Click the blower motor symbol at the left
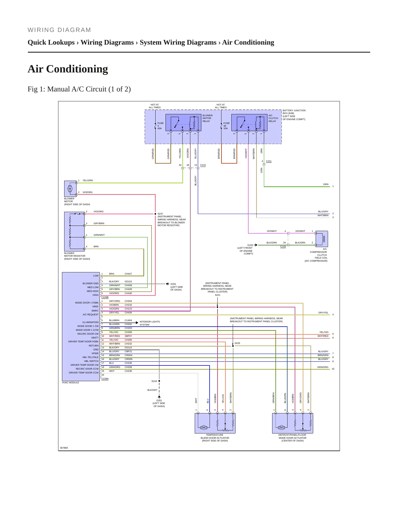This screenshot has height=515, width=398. (x=70, y=189)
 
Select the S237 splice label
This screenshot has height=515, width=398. (x=160, y=214)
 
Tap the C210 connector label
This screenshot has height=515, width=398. (x=203, y=165)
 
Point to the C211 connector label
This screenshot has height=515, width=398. (x=269, y=161)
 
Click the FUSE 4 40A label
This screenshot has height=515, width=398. (x=160, y=126)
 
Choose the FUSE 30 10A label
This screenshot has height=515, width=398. (x=226, y=126)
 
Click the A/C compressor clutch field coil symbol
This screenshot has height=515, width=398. (x=322, y=239)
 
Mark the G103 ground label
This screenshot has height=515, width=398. (x=250, y=245)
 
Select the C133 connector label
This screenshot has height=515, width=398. (x=283, y=247)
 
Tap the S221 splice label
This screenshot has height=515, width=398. (x=218, y=295)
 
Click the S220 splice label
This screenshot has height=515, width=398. (x=237, y=343)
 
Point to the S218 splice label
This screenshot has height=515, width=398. (x=154, y=381)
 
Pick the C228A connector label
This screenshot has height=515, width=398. (x=105, y=379)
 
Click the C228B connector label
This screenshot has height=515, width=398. (x=105, y=297)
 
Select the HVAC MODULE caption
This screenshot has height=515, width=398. (x=71, y=383)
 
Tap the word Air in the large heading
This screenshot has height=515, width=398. (x=36, y=69)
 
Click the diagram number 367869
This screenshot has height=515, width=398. (x=64, y=448)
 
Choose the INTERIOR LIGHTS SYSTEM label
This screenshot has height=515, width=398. (x=150, y=323)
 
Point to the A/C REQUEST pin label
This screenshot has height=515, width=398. (x=91, y=315)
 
